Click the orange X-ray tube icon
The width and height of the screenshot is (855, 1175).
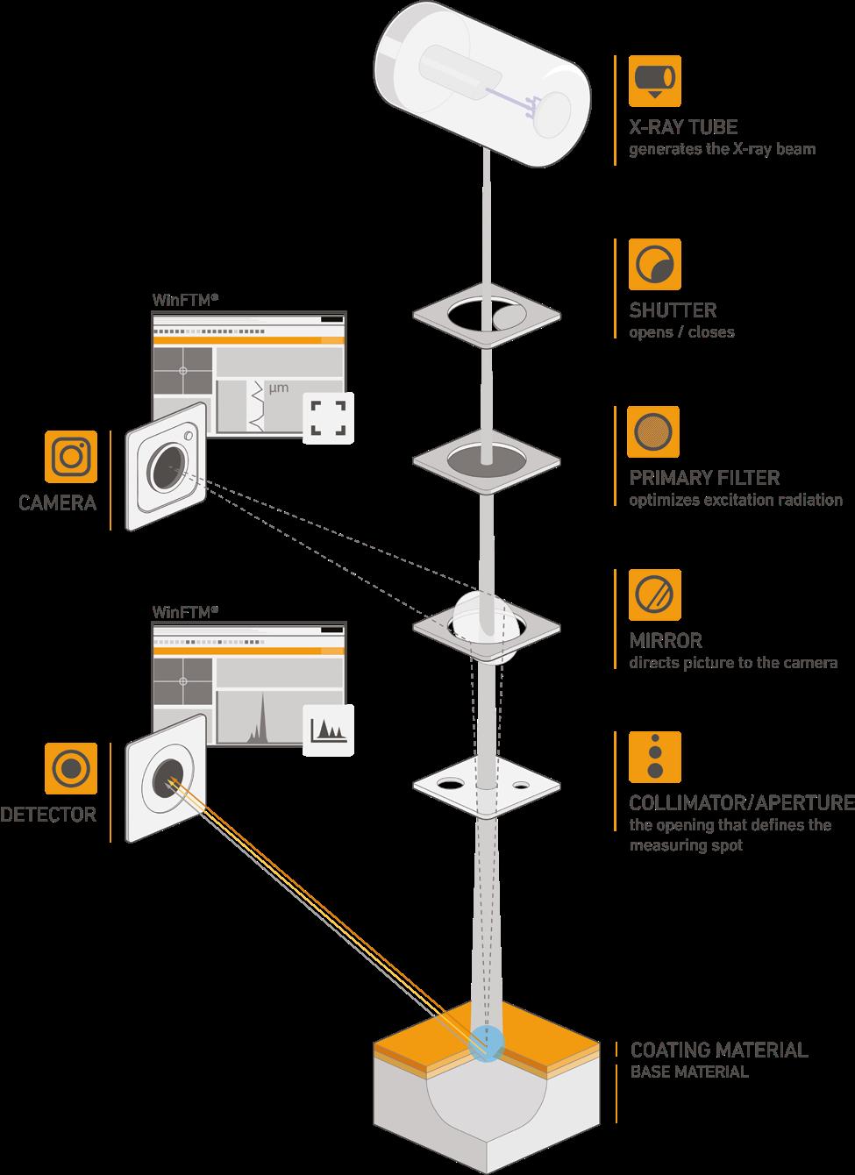[x=654, y=81]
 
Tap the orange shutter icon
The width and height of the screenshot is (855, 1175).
[x=654, y=264]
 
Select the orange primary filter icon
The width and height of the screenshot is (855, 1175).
[x=654, y=431]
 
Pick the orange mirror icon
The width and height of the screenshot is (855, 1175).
[x=654, y=595]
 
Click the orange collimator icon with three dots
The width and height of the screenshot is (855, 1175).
[x=654, y=757]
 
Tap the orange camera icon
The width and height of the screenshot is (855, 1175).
[x=71, y=456]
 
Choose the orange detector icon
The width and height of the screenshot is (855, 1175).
[x=71, y=768]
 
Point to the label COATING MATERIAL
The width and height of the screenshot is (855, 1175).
[x=719, y=1050]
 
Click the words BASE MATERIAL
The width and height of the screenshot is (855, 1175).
[x=689, y=1072]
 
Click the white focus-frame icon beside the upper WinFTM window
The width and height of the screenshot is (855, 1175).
[x=328, y=417]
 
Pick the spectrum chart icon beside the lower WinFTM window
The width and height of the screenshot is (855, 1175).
[x=328, y=729]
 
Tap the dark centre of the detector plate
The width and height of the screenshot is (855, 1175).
[x=166, y=777]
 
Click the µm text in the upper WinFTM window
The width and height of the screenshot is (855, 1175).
[x=278, y=388]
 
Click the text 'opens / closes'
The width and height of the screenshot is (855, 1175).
[x=681, y=332]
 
